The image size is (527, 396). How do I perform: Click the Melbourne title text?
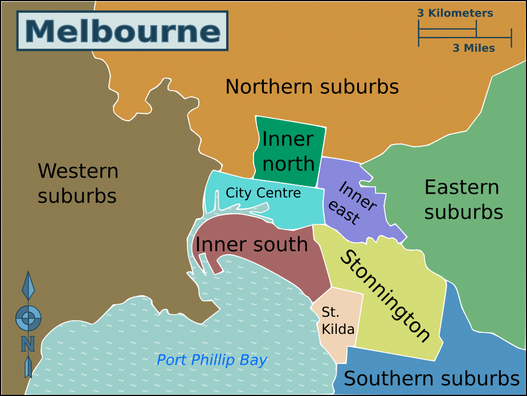pyautogui.click(x=122, y=32)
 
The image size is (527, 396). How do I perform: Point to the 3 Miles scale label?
pyautogui.click(x=473, y=48)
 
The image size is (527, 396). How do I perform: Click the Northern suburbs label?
pyautogui.click(x=312, y=87)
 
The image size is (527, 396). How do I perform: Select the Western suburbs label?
pyautogui.click(x=77, y=183)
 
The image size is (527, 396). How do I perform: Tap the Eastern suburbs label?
pyautogui.click(x=463, y=199)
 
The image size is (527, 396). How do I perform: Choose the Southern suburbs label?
pyautogui.click(x=431, y=379)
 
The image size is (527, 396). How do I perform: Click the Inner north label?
pyautogui.click(x=288, y=151)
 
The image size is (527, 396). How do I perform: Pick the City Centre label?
pyautogui.click(x=263, y=193)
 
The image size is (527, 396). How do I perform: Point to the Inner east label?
pyautogui.click(x=353, y=203)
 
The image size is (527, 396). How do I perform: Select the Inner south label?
pyautogui.click(x=251, y=244)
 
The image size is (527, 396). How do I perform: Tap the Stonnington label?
pyautogui.click(x=385, y=296)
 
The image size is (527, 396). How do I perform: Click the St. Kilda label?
pyautogui.click(x=338, y=321)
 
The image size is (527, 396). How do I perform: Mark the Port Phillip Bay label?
pyautogui.click(x=211, y=360)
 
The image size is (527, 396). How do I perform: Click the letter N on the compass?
pyautogui.click(x=28, y=344)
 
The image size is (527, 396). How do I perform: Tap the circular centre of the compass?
pyautogui.click(x=28, y=317)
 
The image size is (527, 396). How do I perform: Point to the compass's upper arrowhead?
pyautogui.click(x=28, y=285)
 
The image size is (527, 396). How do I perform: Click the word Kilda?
pyautogui.click(x=338, y=329)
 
